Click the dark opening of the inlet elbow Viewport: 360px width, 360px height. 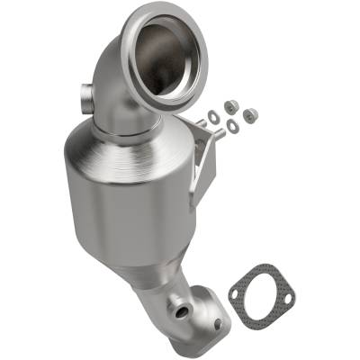tap(167, 54)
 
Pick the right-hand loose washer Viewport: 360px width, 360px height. tap(234, 124)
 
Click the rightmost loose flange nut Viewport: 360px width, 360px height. tap(251, 113)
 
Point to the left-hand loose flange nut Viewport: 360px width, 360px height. tap(227, 105)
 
